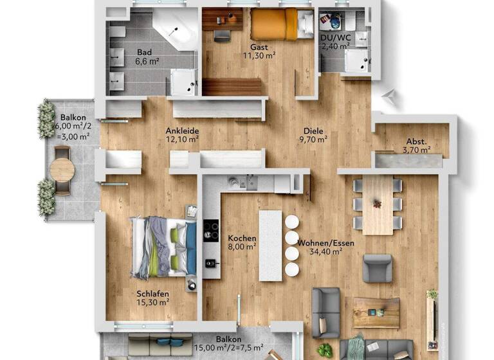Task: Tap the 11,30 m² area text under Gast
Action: pyautogui.click(x=260, y=55)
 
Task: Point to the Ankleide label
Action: pyautogui.click(x=182, y=130)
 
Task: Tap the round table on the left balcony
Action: pyautogui.click(x=62, y=170)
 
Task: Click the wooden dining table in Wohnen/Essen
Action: pyautogui.click(x=378, y=204)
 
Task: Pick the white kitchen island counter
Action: pyautogui.click(x=270, y=244)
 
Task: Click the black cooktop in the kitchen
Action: pyautogui.click(x=211, y=230)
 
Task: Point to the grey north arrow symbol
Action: pyautogui.click(x=388, y=96)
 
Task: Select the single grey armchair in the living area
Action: pyautogui.click(x=377, y=268)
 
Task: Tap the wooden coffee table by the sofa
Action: pyautogui.click(x=376, y=312)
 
